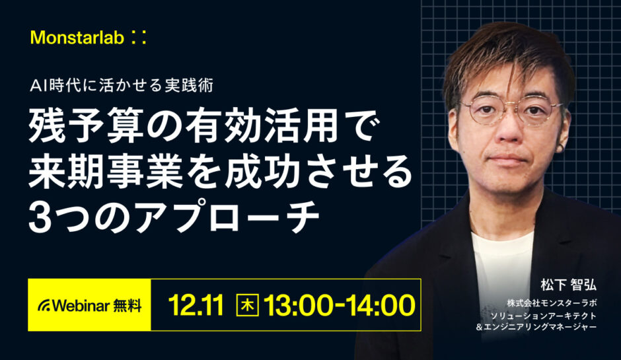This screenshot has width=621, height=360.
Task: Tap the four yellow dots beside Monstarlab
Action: (x=137, y=38)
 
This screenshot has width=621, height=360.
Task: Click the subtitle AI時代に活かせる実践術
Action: (x=129, y=85)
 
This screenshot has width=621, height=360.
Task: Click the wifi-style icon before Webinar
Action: (x=44, y=305)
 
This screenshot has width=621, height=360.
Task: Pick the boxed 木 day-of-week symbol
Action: (x=247, y=305)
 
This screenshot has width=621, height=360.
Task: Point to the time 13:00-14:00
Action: (x=339, y=305)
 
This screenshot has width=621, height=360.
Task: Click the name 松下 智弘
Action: (x=568, y=285)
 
